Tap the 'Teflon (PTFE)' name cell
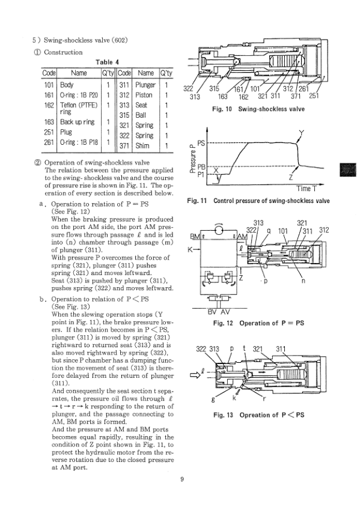click(79, 105)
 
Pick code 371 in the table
click(124, 146)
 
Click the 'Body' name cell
click(67, 85)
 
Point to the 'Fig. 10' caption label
click(222, 109)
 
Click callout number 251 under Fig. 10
click(314, 96)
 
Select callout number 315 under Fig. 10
click(214, 88)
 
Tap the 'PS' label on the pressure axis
click(201, 143)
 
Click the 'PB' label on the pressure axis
click(201, 167)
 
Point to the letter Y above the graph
click(301, 133)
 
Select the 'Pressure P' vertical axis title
click(192, 159)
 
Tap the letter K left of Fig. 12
click(190, 250)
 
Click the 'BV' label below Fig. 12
click(212, 312)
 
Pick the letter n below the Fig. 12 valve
click(303, 281)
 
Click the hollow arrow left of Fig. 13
click(194, 375)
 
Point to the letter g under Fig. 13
click(213, 399)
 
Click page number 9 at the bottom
click(182, 479)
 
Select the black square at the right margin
click(348, 170)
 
